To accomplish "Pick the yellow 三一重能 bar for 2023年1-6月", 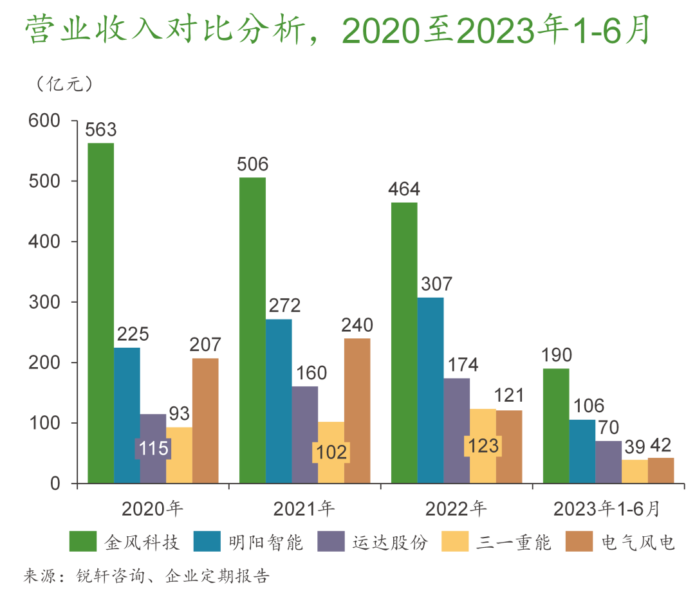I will (635, 471).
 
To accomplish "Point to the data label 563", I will (101, 130).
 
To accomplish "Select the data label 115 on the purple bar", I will (153, 448).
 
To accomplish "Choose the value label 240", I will (357, 325).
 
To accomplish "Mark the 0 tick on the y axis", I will (55, 483).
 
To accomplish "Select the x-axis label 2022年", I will (456, 509).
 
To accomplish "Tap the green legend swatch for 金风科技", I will (83, 541).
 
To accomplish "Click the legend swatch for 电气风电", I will (577, 541).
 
